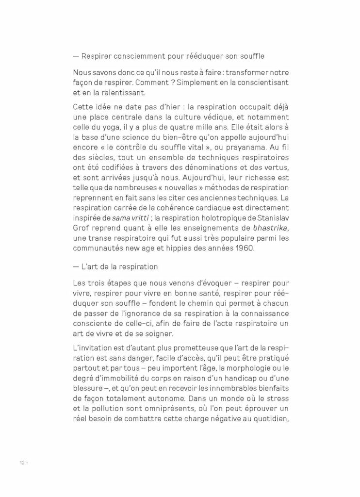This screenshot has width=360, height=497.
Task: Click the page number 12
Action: pos(16,463)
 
